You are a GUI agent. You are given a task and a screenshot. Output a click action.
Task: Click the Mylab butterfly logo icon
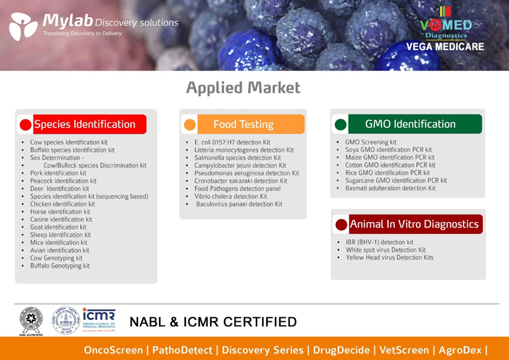(x=24, y=26)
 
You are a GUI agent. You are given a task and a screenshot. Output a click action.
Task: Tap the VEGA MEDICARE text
(x=445, y=46)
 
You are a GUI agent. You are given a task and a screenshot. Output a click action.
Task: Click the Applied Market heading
(x=243, y=88)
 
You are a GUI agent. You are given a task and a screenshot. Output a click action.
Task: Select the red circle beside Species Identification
(x=25, y=125)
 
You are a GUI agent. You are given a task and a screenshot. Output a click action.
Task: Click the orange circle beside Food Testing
(x=190, y=125)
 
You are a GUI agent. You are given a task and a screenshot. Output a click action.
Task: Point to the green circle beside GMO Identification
(x=340, y=124)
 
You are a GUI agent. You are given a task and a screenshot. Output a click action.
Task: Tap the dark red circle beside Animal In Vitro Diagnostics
(x=342, y=225)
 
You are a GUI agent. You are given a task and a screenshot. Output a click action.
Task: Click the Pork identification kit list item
(x=59, y=173)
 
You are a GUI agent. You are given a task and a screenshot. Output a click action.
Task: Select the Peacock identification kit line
(x=63, y=181)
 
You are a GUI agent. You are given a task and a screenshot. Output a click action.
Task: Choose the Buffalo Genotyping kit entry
(x=60, y=266)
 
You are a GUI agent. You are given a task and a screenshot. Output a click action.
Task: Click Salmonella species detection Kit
(x=237, y=158)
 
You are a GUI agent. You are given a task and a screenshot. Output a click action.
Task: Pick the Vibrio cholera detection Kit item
(x=231, y=197)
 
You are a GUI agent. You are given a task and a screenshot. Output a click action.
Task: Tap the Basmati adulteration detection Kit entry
(x=391, y=188)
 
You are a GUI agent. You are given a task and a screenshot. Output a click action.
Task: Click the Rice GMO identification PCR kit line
(x=387, y=173)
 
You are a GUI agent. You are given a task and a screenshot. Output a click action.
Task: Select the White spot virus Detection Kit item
(x=386, y=250)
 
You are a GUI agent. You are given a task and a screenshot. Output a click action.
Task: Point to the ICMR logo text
(x=99, y=315)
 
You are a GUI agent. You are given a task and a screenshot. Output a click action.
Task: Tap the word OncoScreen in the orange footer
(x=113, y=350)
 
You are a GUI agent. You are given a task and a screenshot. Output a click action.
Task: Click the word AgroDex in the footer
(x=460, y=350)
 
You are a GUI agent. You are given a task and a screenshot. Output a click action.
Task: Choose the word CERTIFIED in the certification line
(x=260, y=322)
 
